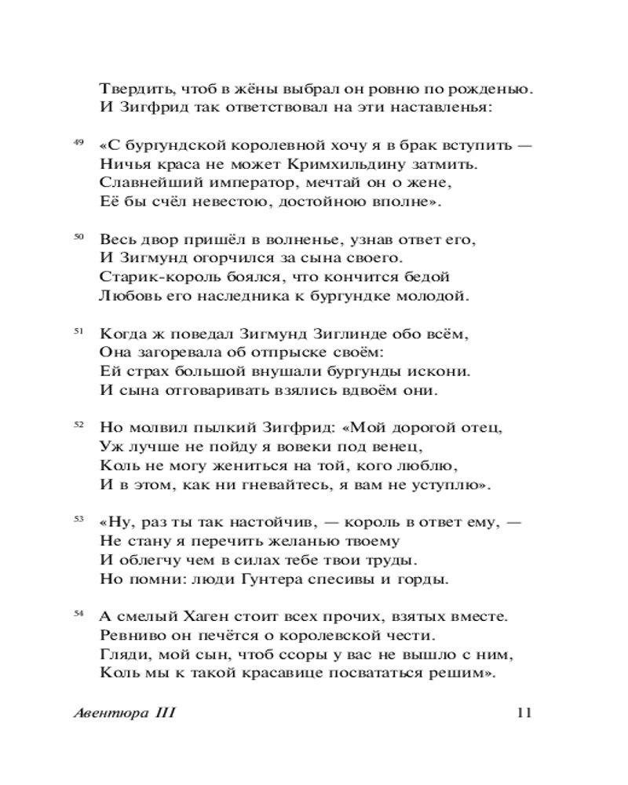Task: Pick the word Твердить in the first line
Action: tap(132, 89)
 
